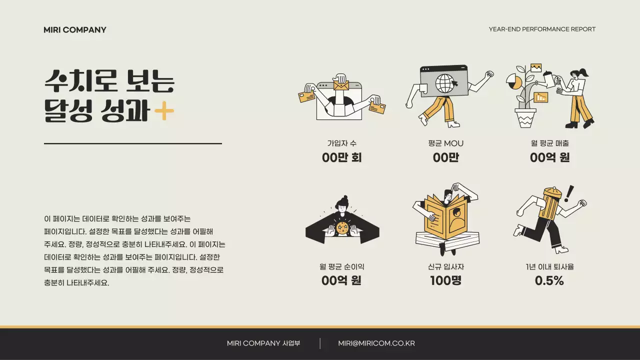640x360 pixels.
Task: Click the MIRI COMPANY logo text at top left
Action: tap(75, 30)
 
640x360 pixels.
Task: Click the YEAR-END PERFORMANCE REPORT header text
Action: tap(542, 29)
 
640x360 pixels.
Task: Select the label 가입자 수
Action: tap(342, 143)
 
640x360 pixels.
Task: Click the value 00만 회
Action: tap(342, 158)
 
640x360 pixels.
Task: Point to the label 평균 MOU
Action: tap(446, 143)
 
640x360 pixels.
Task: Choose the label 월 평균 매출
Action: tap(550, 143)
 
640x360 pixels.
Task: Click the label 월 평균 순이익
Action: tap(342, 267)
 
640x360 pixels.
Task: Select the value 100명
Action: tap(446, 281)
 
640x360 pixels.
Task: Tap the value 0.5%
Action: tap(549, 281)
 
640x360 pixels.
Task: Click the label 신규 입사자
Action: tap(446, 267)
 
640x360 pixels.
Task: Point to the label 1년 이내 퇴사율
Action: tap(549, 267)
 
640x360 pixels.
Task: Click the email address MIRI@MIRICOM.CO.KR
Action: tap(376, 343)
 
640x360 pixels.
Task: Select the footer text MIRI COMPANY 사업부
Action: tap(263, 343)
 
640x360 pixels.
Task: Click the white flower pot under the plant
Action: tap(526, 118)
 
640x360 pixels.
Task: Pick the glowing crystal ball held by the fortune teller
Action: tap(343, 228)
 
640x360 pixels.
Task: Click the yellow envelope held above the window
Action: tap(341, 85)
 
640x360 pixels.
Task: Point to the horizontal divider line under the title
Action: tap(133, 143)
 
